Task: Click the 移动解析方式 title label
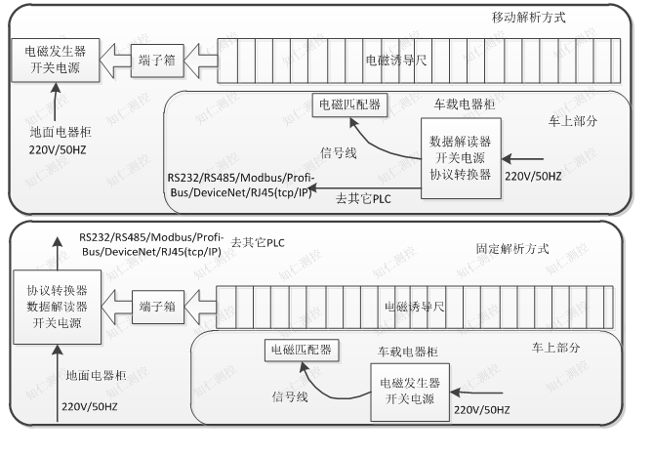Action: (528, 19)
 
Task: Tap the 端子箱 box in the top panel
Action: (156, 61)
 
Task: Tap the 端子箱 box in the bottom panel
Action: (156, 305)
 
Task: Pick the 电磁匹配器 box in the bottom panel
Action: (299, 350)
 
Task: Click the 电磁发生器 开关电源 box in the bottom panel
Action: (410, 391)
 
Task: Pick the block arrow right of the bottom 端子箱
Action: (202, 305)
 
